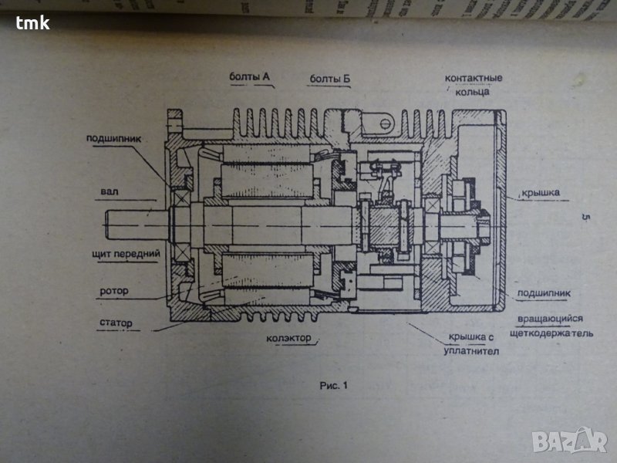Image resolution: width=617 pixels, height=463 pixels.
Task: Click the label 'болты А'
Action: point(248,77)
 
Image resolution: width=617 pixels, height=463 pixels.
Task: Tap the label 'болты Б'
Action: point(329,78)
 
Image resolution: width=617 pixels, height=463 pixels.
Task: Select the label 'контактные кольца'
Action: point(474,85)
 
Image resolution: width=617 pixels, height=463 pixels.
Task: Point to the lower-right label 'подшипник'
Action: point(544,293)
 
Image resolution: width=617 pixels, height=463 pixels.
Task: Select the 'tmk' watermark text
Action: point(32,22)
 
